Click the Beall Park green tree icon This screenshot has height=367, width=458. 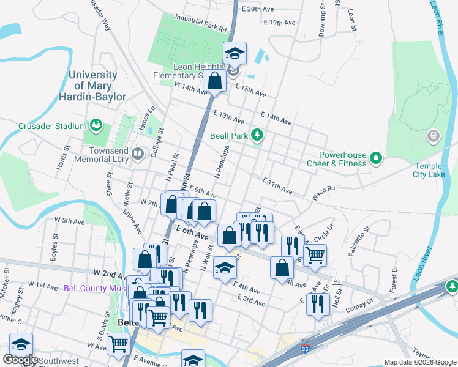[x=258, y=135]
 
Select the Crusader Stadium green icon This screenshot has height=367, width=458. [x=96, y=126]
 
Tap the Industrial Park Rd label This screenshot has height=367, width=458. [x=200, y=23]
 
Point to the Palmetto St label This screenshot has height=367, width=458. [x=359, y=242]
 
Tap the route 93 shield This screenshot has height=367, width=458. [x=337, y=281]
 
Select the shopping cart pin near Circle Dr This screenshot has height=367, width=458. [x=315, y=255]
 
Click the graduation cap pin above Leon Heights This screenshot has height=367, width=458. [x=235, y=53]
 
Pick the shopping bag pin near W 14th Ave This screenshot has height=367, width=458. [x=215, y=80]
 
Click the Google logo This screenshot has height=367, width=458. [x=20, y=360]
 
